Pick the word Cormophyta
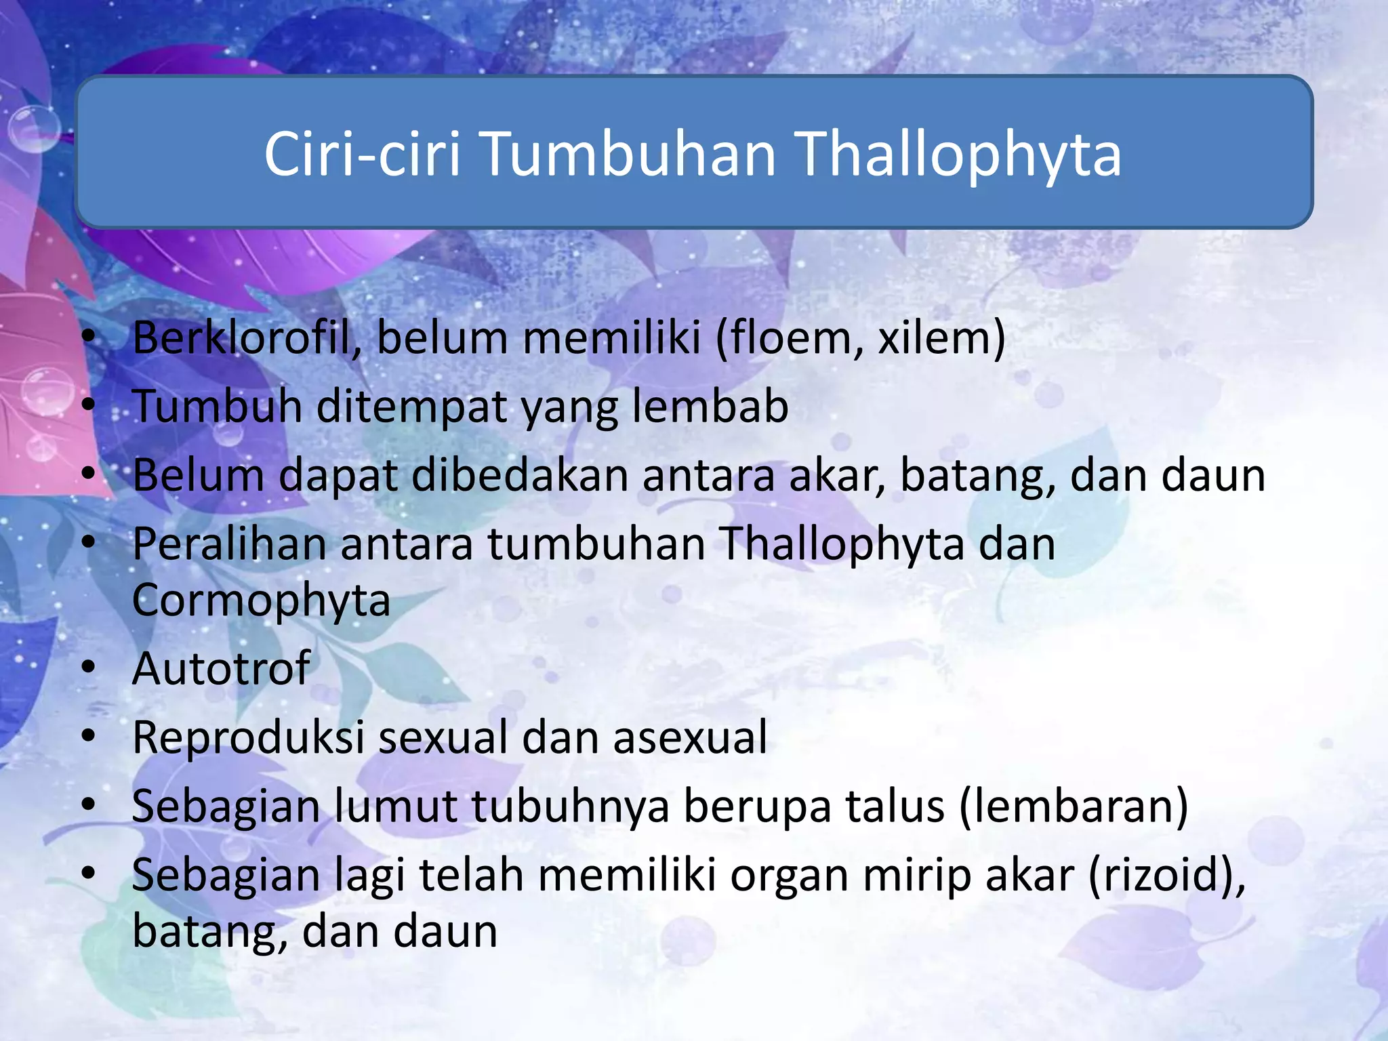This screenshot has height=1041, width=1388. (261, 600)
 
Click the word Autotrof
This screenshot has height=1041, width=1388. (221, 669)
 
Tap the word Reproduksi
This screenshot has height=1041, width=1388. (248, 737)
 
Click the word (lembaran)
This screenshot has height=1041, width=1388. (1074, 807)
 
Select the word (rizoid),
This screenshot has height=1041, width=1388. (1167, 876)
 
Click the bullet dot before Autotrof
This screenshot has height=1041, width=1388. (88, 668)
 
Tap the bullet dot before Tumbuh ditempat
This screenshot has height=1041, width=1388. (88, 405)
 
